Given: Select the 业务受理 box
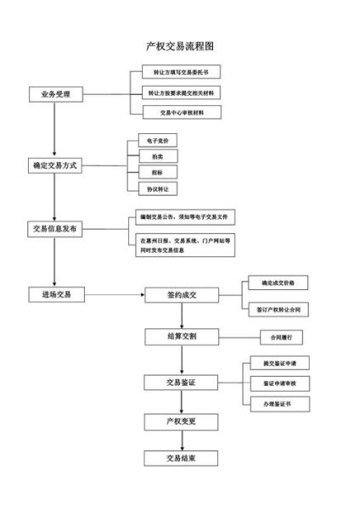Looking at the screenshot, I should coord(55,93).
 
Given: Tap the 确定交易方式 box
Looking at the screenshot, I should coord(55,165).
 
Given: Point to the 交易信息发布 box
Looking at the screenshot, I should coord(55,229).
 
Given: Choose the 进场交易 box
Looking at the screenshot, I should coord(55,294).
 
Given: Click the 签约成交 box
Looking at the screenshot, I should coord(182,294).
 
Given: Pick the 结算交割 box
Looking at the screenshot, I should coord(182,337).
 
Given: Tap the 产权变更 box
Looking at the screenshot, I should coord(182,421).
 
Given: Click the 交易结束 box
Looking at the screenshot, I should coord(182,458).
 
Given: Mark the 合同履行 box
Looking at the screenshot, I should coord(274,338).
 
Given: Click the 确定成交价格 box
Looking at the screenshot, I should coord(273,282).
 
